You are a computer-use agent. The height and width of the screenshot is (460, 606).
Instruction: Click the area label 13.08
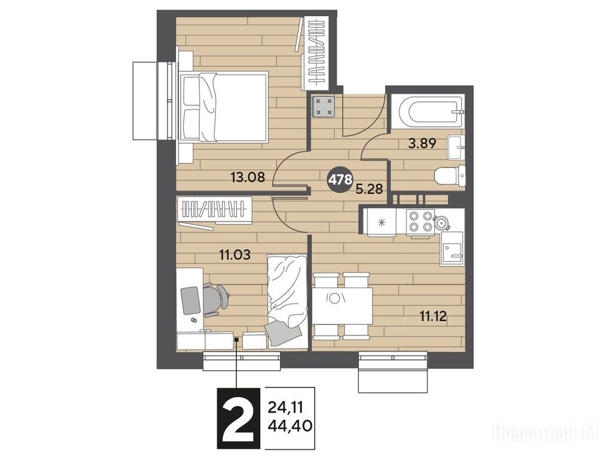[x=247, y=177]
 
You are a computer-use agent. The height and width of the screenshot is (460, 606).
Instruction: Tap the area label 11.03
[x=235, y=255]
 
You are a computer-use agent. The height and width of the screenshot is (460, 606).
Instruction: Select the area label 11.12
[x=433, y=317]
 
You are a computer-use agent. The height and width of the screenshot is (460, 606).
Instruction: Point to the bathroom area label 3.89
[x=423, y=144]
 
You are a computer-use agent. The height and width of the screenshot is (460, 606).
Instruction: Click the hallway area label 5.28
[x=369, y=189]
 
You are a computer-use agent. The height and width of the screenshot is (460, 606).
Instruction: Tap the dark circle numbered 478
[x=340, y=179]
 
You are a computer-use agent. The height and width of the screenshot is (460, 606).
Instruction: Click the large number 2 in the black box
[x=239, y=418]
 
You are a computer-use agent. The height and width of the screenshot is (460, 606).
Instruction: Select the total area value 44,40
[x=290, y=426]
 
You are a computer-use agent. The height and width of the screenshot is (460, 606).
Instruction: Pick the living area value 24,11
[x=285, y=407]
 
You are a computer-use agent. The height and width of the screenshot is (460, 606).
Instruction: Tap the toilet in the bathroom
[x=450, y=176]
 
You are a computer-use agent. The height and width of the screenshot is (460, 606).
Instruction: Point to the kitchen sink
[x=452, y=249]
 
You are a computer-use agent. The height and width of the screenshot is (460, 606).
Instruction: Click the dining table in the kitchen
[x=342, y=306]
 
